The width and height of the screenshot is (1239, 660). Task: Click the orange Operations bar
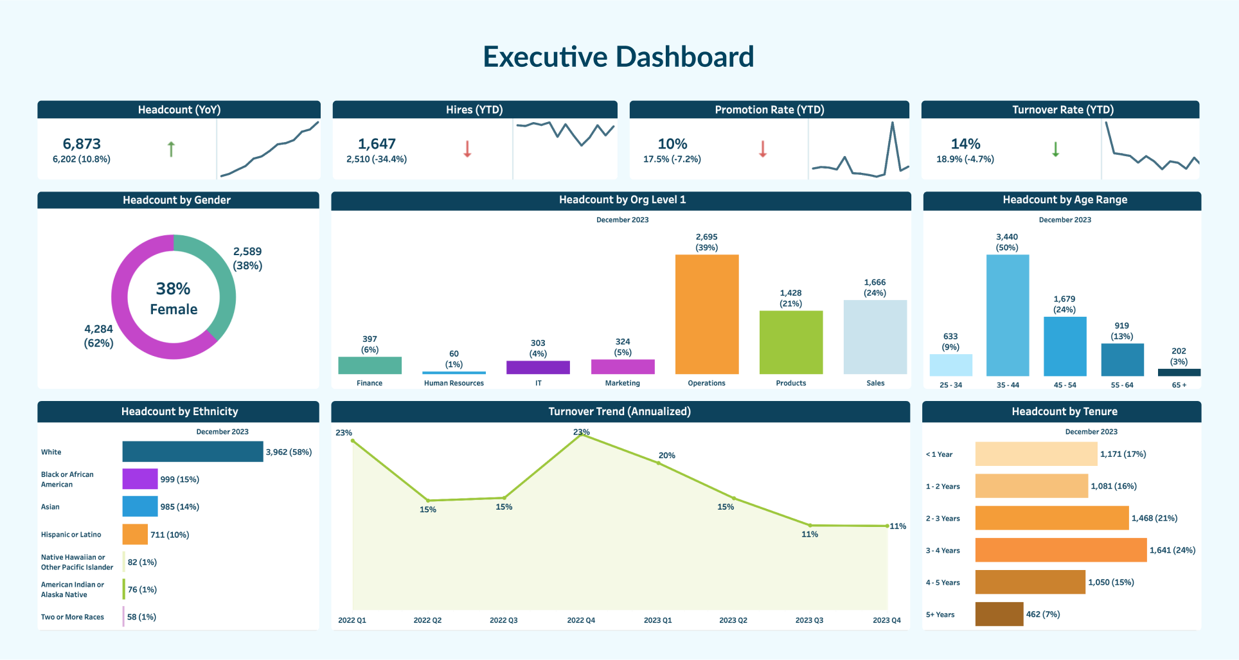pos(707,314)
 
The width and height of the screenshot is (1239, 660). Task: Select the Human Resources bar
pos(454,372)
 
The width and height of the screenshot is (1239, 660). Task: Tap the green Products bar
pos(791,342)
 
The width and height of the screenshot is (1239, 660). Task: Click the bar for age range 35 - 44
pos(1008,315)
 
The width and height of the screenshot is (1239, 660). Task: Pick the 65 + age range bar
pos(1179,372)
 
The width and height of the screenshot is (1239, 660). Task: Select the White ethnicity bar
pos(193,451)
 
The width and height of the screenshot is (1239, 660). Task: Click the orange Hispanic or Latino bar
pos(135,534)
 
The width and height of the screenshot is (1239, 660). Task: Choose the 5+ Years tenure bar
pos(999,614)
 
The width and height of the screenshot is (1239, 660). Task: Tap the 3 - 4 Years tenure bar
pos(1060,550)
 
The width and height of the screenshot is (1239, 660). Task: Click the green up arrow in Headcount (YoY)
pos(171,149)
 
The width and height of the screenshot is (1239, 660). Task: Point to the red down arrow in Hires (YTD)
pos(467,149)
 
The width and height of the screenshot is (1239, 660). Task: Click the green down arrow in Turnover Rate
pos(1055,149)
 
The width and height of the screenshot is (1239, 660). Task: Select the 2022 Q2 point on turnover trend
pos(428,501)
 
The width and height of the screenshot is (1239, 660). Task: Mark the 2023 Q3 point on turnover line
pos(810,525)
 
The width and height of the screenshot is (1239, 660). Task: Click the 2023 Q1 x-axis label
pos(657,620)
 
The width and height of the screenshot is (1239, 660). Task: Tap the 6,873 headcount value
pos(82,144)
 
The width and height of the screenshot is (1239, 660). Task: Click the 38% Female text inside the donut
pos(174,298)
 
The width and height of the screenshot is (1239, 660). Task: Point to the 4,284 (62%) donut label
pos(98,335)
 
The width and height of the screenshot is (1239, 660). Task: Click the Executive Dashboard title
pos(618,57)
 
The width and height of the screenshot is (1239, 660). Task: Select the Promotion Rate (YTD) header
pos(769,110)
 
